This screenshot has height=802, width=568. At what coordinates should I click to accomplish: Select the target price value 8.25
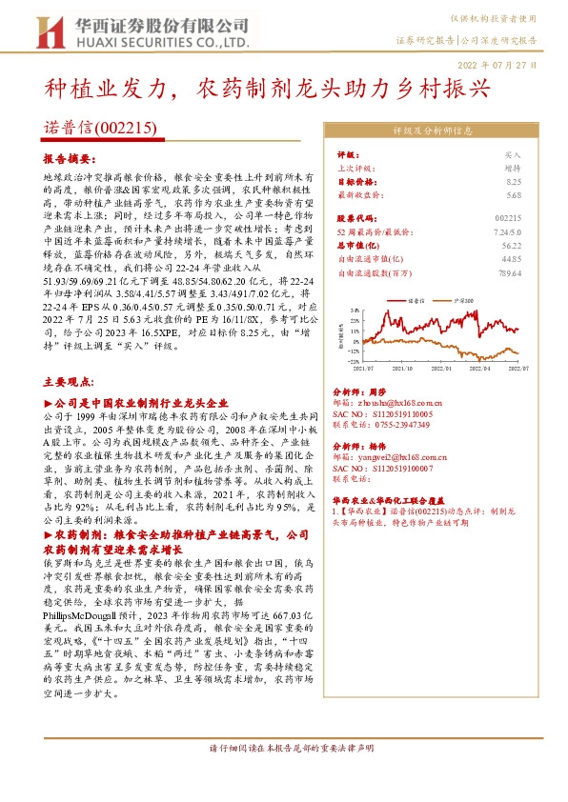514,180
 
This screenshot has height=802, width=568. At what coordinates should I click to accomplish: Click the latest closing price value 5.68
514,194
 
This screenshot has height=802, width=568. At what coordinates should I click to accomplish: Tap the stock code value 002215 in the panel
510,216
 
